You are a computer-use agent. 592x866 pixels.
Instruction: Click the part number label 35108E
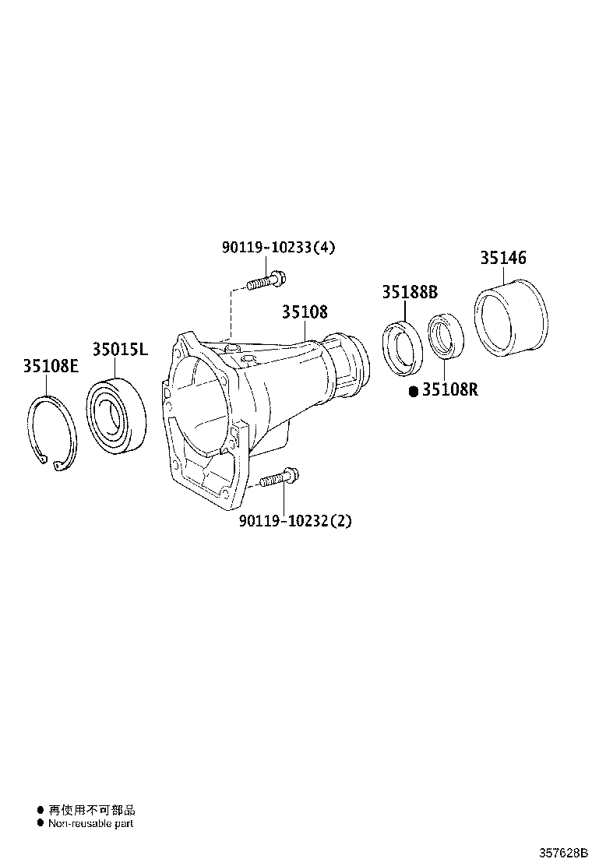tap(50, 367)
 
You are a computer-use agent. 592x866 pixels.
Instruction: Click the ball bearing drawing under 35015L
tap(116, 415)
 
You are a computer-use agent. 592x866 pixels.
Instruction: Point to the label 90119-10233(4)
tap(278, 248)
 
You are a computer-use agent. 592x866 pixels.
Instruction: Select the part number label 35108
tap(305, 312)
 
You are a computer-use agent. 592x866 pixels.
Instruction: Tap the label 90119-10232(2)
tap(295, 520)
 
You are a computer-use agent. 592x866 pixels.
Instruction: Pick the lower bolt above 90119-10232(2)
tap(279, 478)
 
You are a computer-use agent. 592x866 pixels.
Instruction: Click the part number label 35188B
tap(410, 293)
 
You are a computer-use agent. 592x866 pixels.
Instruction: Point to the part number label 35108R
tap(450, 389)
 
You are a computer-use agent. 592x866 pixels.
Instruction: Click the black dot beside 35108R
tap(414, 390)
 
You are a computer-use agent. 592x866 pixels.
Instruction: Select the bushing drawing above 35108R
tap(446, 336)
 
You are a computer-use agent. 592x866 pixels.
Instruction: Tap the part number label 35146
tap(502, 259)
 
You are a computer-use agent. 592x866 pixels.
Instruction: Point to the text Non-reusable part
tap(90, 823)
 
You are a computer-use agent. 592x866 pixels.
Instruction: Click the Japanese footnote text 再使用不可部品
tap(91, 810)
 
